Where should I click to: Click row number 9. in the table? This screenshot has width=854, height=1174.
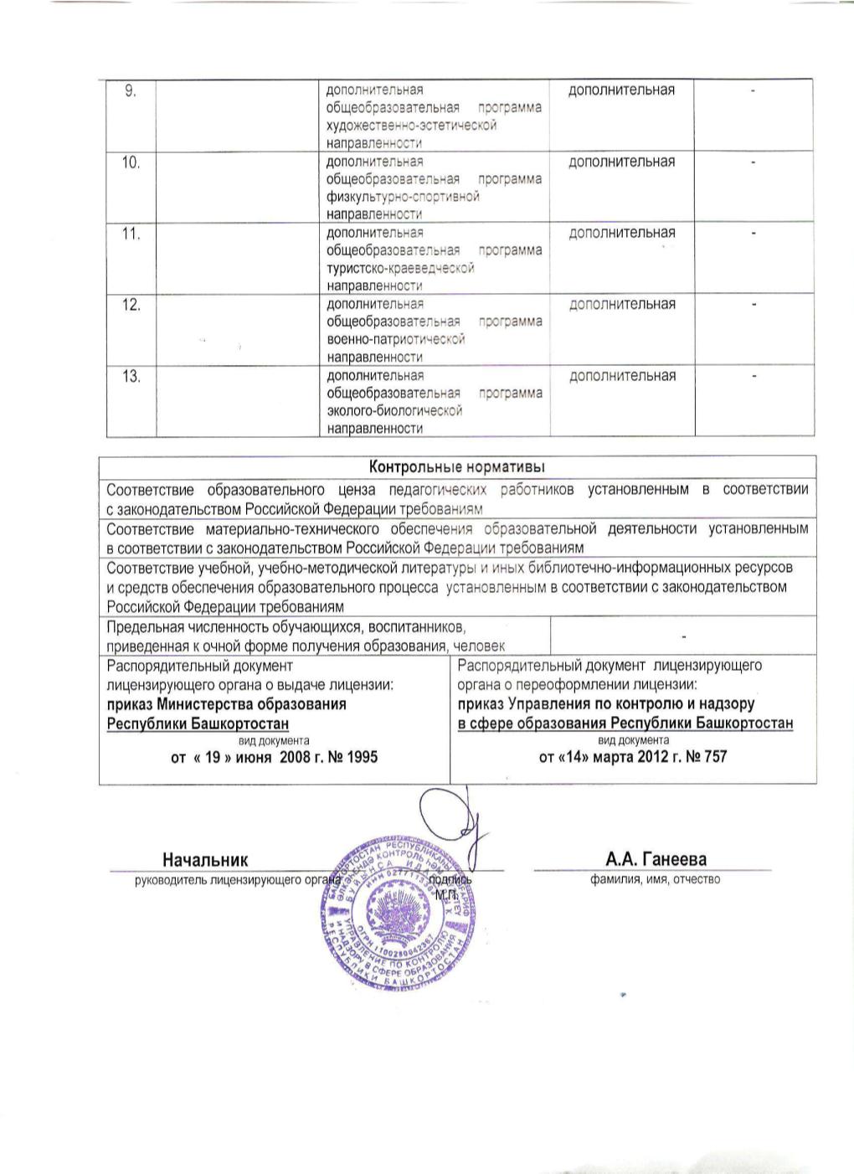click(x=131, y=91)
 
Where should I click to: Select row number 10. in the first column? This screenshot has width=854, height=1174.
click(x=131, y=162)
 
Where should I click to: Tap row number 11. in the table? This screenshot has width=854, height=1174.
click(x=131, y=234)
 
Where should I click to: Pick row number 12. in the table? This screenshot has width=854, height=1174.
click(x=131, y=305)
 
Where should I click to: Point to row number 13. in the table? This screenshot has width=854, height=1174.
click(x=131, y=377)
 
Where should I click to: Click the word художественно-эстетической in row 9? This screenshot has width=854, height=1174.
click(x=411, y=126)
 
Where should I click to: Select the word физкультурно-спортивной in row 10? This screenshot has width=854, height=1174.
click(x=403, y=197)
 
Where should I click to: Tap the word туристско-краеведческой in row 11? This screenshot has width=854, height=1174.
click(x=400, y=268)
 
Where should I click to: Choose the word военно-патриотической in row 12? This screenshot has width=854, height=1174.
click(x=395, y=339)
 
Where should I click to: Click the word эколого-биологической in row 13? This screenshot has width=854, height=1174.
click(x=394, y=411)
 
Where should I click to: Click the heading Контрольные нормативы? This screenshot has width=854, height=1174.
click(x=457, y=466)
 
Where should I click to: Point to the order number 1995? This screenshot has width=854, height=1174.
click(x=362, y=757)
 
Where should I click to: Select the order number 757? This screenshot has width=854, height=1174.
click(x=715, y=757)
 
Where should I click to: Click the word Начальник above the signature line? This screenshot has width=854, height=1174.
click(x=205, y=859)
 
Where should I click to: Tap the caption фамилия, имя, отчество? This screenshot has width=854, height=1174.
click(x=655, y=879)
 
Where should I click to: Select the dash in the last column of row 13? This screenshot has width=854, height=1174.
click(x=753, y=377)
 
